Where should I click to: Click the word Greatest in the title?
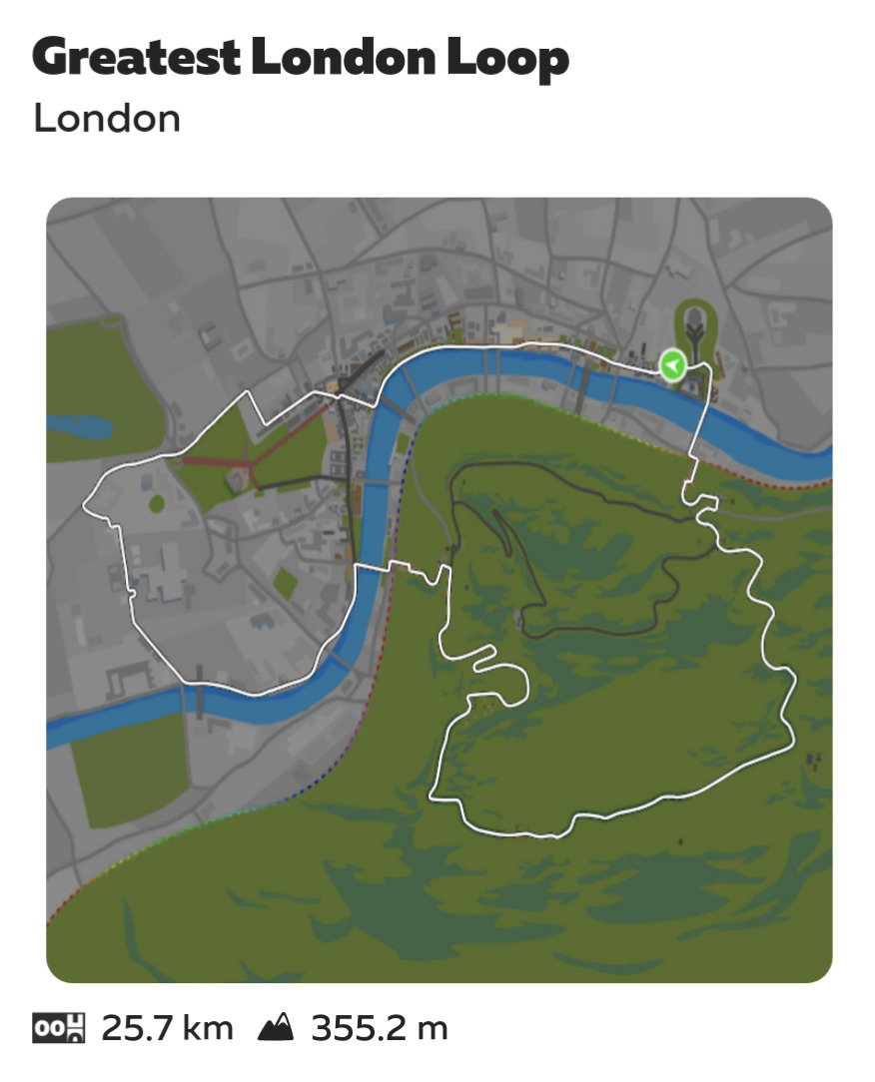(x=135, y=59)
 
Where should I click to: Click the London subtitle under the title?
(x=107, y=118)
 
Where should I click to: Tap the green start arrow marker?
(x=673, y=365)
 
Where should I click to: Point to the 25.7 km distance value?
(x=167, y=1027)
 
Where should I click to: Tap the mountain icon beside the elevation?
(x=276, y=1027)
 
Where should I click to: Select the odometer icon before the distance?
(x=59, y=1027)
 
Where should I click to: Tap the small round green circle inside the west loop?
(x=157, y=503)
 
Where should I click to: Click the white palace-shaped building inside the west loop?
(x=160, y=570)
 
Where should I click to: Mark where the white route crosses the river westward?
(x=370, y=568)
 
